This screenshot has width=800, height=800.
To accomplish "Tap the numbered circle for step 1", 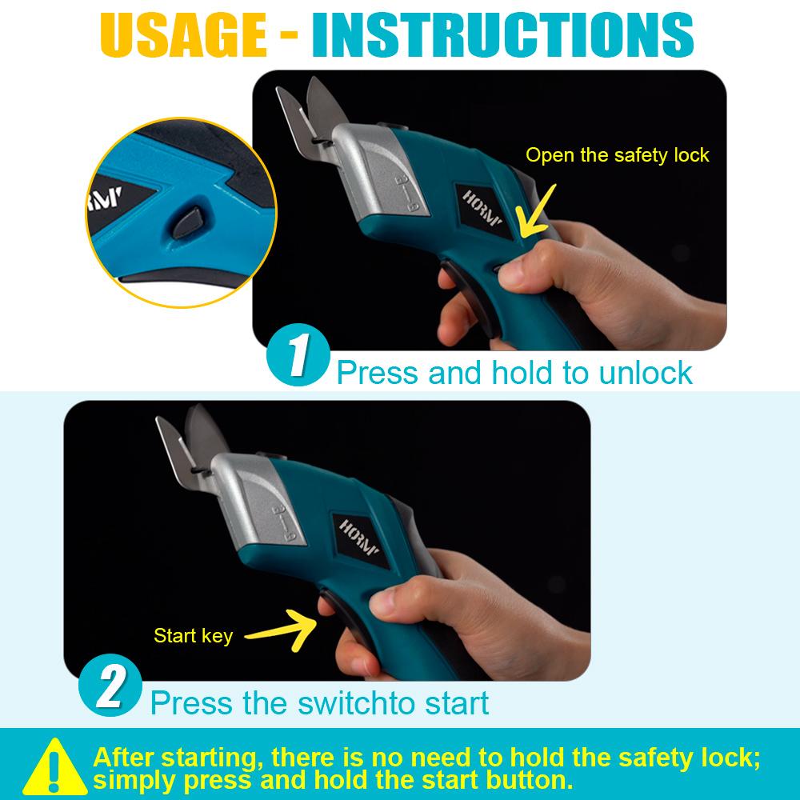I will click(296, 358).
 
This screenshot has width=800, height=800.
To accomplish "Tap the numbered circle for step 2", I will click(110, 689).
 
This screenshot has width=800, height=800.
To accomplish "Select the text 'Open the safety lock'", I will click(617, 154).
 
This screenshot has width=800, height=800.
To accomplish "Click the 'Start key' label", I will click(193, 636).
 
